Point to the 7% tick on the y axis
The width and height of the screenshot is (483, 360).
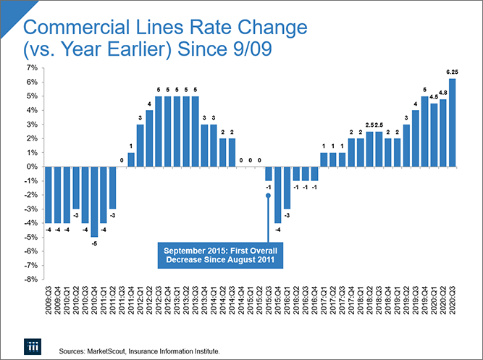32,67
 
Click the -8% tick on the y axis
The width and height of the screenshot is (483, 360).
31,279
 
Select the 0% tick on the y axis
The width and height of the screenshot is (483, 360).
33,167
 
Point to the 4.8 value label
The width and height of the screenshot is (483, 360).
442,93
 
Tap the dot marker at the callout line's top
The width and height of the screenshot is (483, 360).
268,195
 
